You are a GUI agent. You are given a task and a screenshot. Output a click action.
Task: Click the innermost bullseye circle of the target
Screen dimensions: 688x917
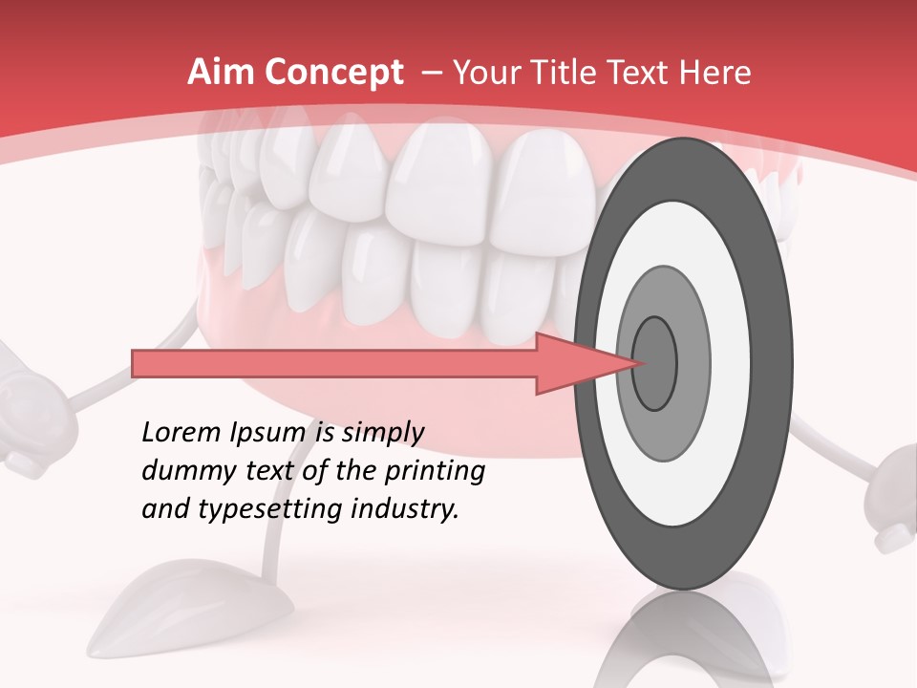tap(654, 362)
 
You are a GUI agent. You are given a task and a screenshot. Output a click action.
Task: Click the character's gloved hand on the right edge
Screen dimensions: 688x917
tap(893, 497)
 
